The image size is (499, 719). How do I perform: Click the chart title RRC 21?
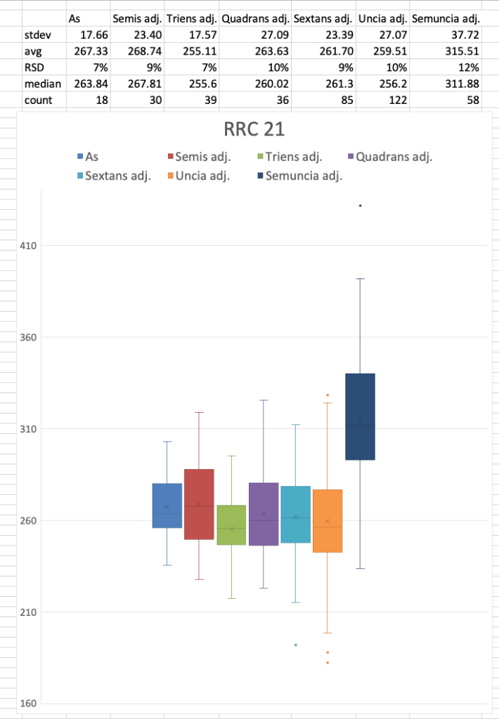pos(254,129)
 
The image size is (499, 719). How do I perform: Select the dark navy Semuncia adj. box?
pos(361,416)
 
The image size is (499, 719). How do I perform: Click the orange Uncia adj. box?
pos(328,521)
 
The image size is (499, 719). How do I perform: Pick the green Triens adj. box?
pos(231,525)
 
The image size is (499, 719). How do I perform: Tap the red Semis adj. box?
pos(199,504)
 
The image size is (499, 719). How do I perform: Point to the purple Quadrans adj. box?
pos(264,514)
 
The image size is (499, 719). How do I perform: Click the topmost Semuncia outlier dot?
pos(361,206)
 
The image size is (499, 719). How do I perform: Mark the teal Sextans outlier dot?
pos(296,645)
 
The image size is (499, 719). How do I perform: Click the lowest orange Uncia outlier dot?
pos(328,663)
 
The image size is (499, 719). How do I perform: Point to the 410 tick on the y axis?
pos(27,246)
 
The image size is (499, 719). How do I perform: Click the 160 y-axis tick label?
pos(27,704)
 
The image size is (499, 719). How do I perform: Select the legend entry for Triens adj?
pos(290,157)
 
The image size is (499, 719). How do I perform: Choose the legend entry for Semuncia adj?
pos(300,176)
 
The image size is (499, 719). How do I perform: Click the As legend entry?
pos(88,157)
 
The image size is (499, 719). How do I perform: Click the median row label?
pos(43,84)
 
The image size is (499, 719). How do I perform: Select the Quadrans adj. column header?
pos(255,19)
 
